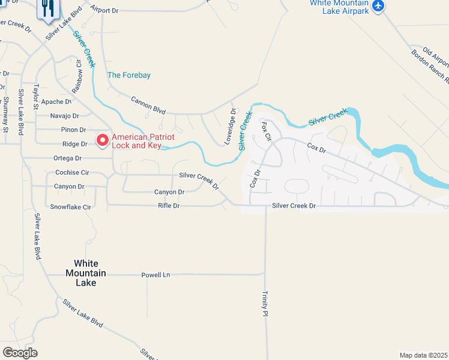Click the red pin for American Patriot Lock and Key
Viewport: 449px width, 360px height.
102,140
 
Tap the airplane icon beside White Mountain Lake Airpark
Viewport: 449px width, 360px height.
378,6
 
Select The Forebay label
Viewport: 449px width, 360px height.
128,75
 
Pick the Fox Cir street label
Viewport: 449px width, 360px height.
267,131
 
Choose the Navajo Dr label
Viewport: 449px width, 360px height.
64,116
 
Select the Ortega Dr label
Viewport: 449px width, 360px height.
68,158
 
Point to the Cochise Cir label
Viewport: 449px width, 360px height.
72,172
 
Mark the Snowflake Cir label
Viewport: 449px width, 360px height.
70,207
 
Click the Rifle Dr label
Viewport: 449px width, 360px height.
169,206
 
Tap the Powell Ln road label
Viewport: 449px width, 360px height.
155,275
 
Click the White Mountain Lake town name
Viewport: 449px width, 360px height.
89,273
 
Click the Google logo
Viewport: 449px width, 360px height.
20,353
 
